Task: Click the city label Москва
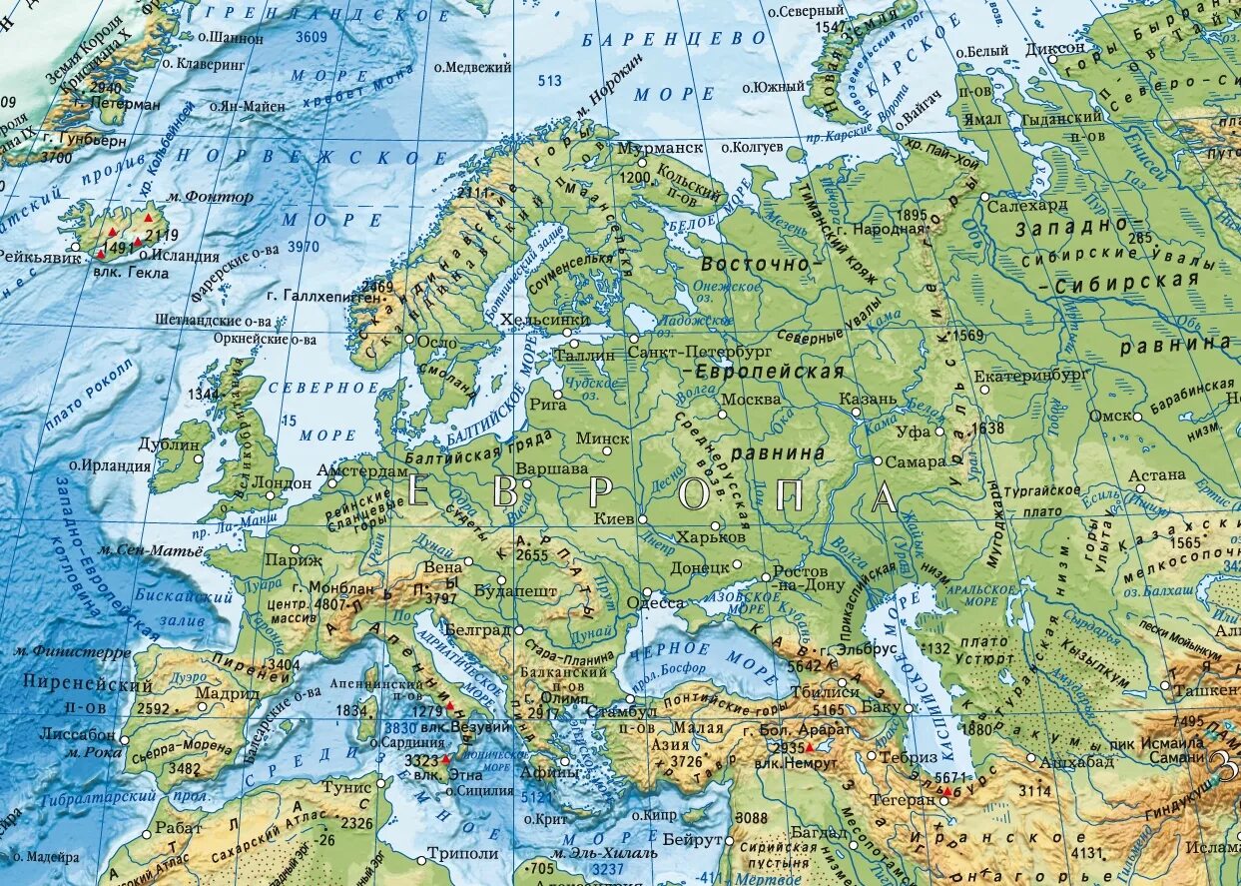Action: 751,399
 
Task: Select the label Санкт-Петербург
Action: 701,353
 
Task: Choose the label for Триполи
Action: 462,854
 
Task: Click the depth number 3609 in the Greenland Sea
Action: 311,37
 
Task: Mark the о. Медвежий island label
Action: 472,67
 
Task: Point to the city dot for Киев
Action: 643,519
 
